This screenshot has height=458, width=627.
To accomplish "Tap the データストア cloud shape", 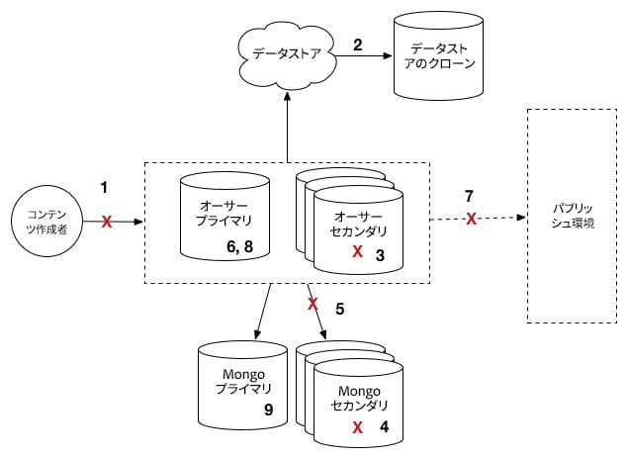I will point(287,54).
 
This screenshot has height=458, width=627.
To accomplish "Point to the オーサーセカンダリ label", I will point(356,224).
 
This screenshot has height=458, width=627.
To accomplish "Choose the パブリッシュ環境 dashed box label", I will point(571,217).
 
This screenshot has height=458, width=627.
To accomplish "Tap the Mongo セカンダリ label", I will point(353,398).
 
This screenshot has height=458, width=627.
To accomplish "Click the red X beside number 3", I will point(357,252).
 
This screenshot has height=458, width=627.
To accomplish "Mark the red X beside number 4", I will point(357,427).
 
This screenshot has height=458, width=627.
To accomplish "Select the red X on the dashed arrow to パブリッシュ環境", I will point(472,218).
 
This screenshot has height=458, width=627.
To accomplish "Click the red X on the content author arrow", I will point(107,222).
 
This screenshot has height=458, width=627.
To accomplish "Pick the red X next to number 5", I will point(313,303).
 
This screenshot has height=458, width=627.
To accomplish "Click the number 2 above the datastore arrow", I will point(359,45).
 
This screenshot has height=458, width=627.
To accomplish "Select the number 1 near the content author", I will point(105,185).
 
